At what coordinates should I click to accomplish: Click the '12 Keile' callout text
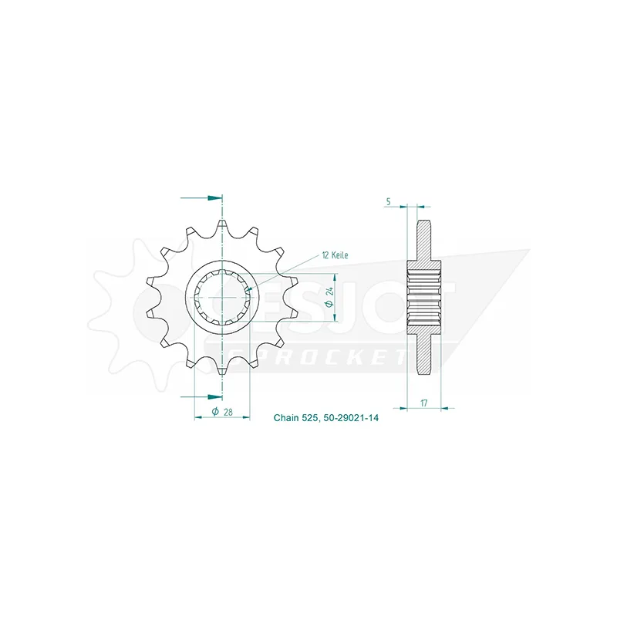pyautogui.click(x=335, y=255)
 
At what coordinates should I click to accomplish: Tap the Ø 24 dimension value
pyautogui.click(x=329, y=297)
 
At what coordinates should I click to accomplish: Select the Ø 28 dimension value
pyautogui.click(x=222, y=412)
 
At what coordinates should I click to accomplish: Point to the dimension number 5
pyautogui.click(x=389, y=201)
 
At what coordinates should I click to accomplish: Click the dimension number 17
pyautogui.click(x=423, y=403)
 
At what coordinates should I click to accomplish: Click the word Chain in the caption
pyautogui.click(x=286, y=417)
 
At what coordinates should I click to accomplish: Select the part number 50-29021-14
pyautogui.click(x=351, y=417)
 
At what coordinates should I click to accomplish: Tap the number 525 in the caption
pyautogui.click(x=310, y=417)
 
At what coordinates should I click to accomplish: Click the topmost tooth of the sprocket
pyautogui.click(x=222, y=228)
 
